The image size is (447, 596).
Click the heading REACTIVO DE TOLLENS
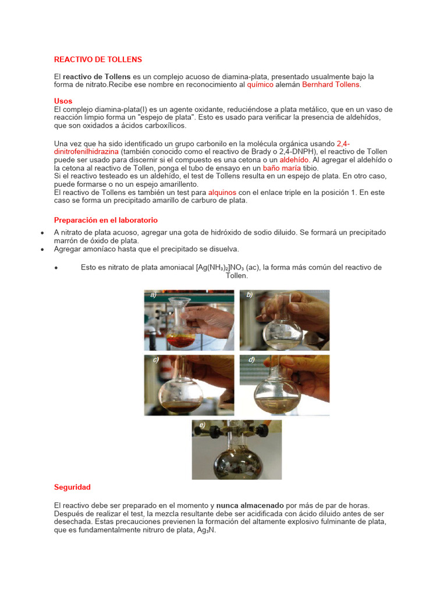point(98,59)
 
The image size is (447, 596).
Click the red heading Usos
point(63,101)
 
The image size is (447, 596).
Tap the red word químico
point(260,84)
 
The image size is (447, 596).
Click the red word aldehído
point(295,159)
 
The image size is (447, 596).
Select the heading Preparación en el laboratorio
point(105,220)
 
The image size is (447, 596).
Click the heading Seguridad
point(72,487)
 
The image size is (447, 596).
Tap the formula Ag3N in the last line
point(206,530)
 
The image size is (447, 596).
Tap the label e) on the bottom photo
point(202,425)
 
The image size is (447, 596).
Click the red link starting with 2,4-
point(343,143)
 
